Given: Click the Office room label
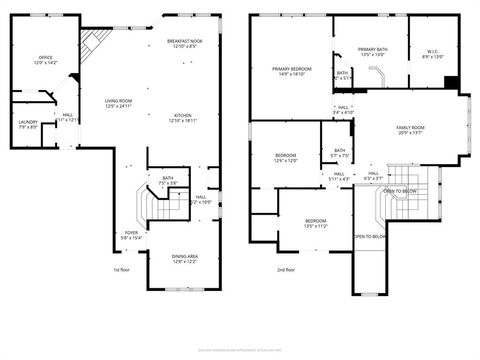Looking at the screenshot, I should pos(45,61).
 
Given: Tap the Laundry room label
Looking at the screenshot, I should pos(28,124).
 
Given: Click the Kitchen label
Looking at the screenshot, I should pos(183,118).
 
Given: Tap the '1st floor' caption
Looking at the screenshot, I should pos(123,269).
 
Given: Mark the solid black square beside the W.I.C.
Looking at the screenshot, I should pos(451,83).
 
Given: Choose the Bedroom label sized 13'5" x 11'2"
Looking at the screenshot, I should pos(315,223).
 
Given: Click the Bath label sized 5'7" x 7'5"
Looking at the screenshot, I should pos(340,154).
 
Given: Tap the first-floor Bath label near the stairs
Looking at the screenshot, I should pos(168,182).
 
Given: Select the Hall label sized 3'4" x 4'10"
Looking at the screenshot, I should pos(343,110).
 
